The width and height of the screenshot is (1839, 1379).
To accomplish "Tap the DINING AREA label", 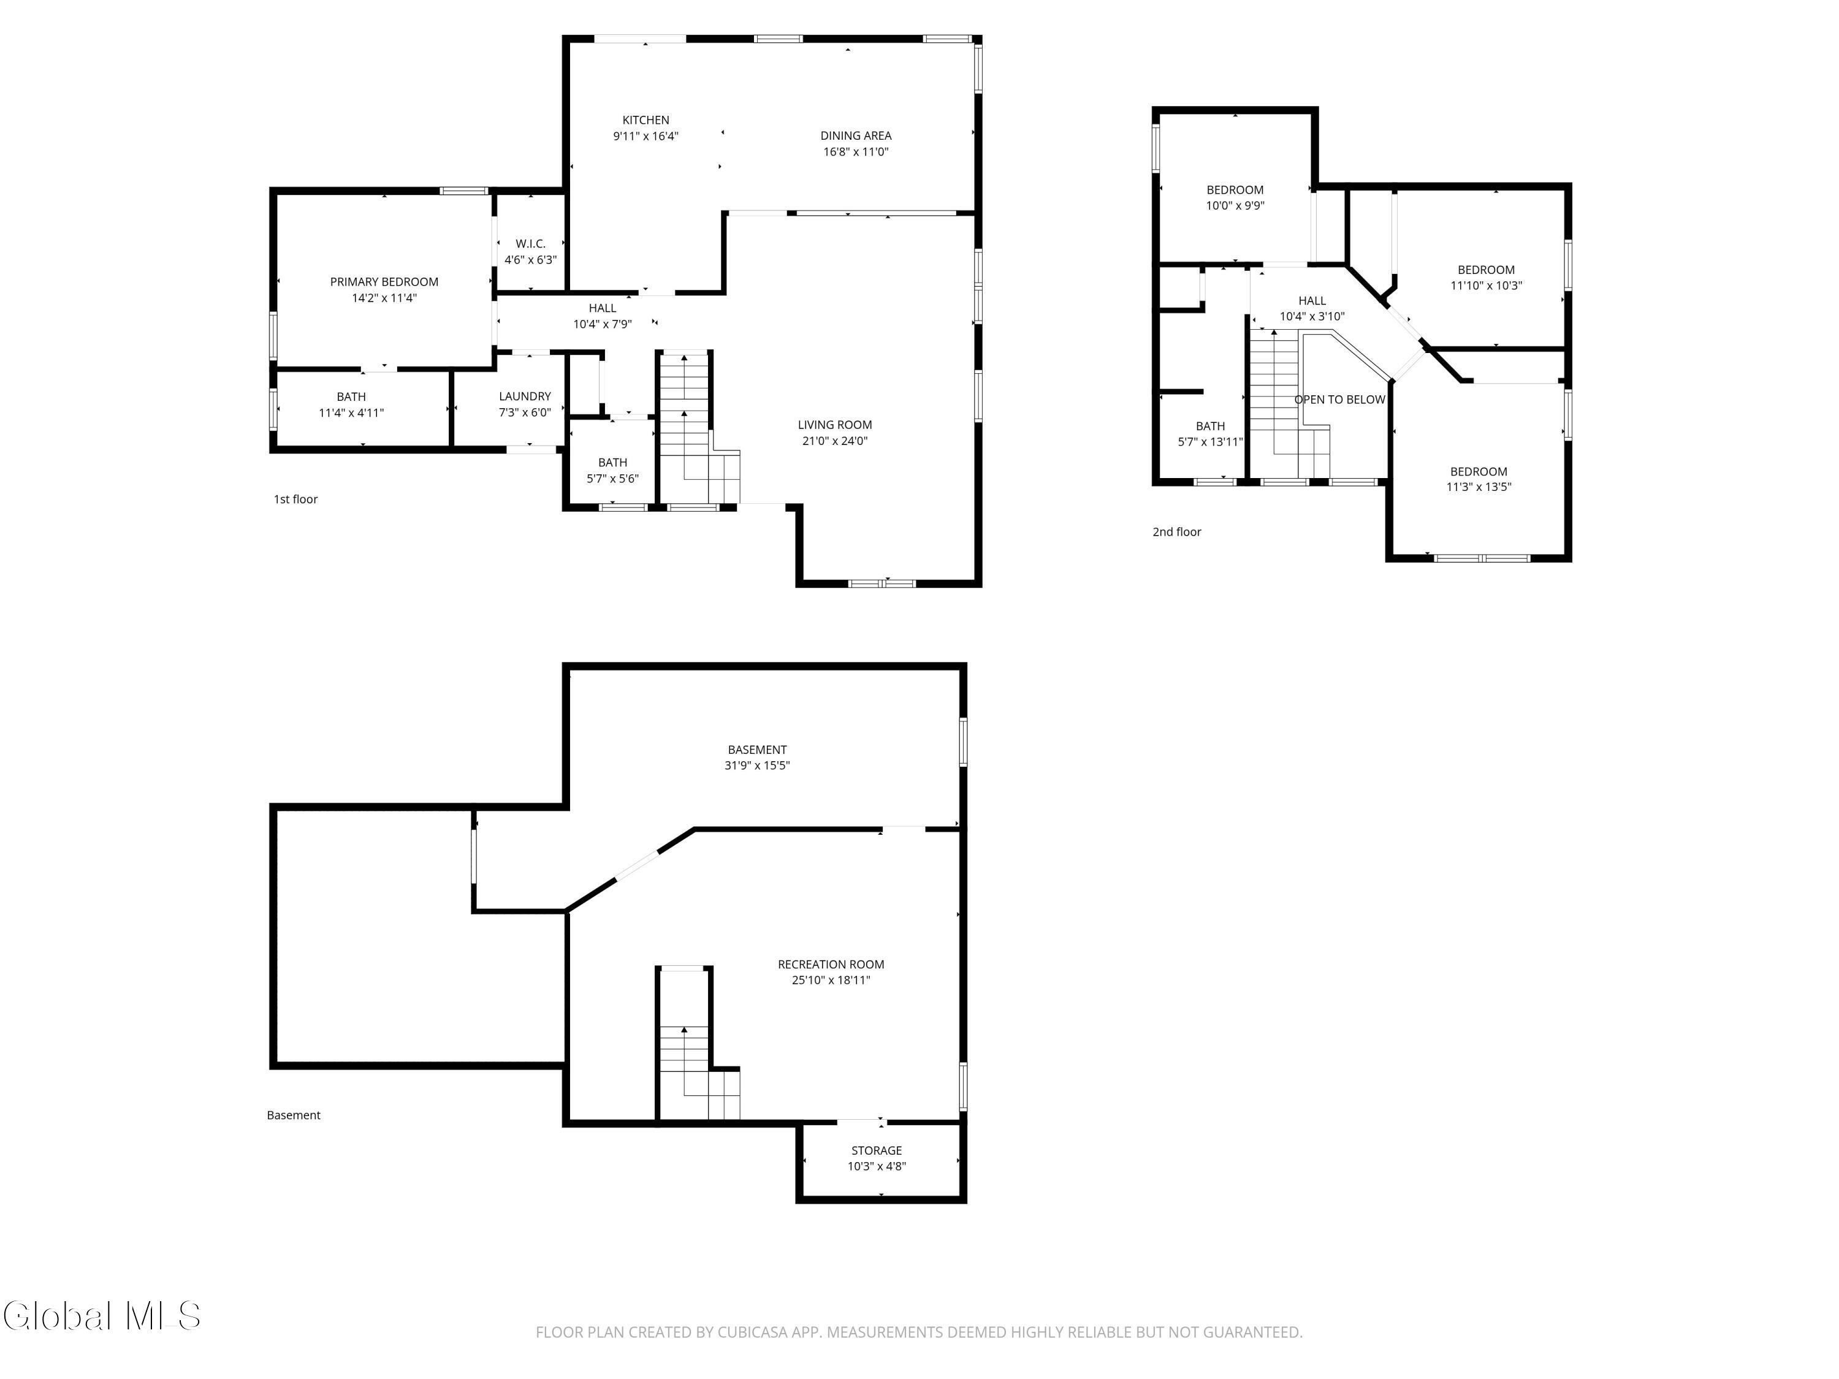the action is coord(856,135).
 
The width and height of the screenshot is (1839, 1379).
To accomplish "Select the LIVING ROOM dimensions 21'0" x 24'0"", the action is coord(835,441).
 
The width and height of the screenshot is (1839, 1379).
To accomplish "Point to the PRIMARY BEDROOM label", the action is coord(384,282).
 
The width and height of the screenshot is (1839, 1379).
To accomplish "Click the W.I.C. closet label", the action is coord(530,243).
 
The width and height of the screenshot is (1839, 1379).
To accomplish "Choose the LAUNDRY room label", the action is coord(525,397).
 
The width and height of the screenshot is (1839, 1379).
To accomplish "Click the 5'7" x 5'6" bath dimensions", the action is coord(613,479).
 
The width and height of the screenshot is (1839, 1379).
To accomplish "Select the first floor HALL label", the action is coord(603,308).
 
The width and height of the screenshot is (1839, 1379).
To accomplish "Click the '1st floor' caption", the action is coord(296,500).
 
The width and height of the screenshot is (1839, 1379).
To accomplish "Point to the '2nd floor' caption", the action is coord(1176,532).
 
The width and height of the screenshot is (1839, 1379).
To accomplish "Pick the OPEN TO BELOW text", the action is coord(1339,400).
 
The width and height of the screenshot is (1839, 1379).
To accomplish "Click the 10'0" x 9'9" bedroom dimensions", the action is coord(1235,206).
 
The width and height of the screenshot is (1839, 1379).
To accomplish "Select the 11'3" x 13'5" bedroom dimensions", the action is coord(1479,487).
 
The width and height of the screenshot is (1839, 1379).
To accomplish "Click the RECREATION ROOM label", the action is coord(831,964).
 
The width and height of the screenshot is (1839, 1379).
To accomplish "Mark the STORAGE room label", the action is coord(876,1150).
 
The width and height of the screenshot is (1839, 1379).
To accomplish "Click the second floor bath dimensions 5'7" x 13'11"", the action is coord(1211,443).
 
